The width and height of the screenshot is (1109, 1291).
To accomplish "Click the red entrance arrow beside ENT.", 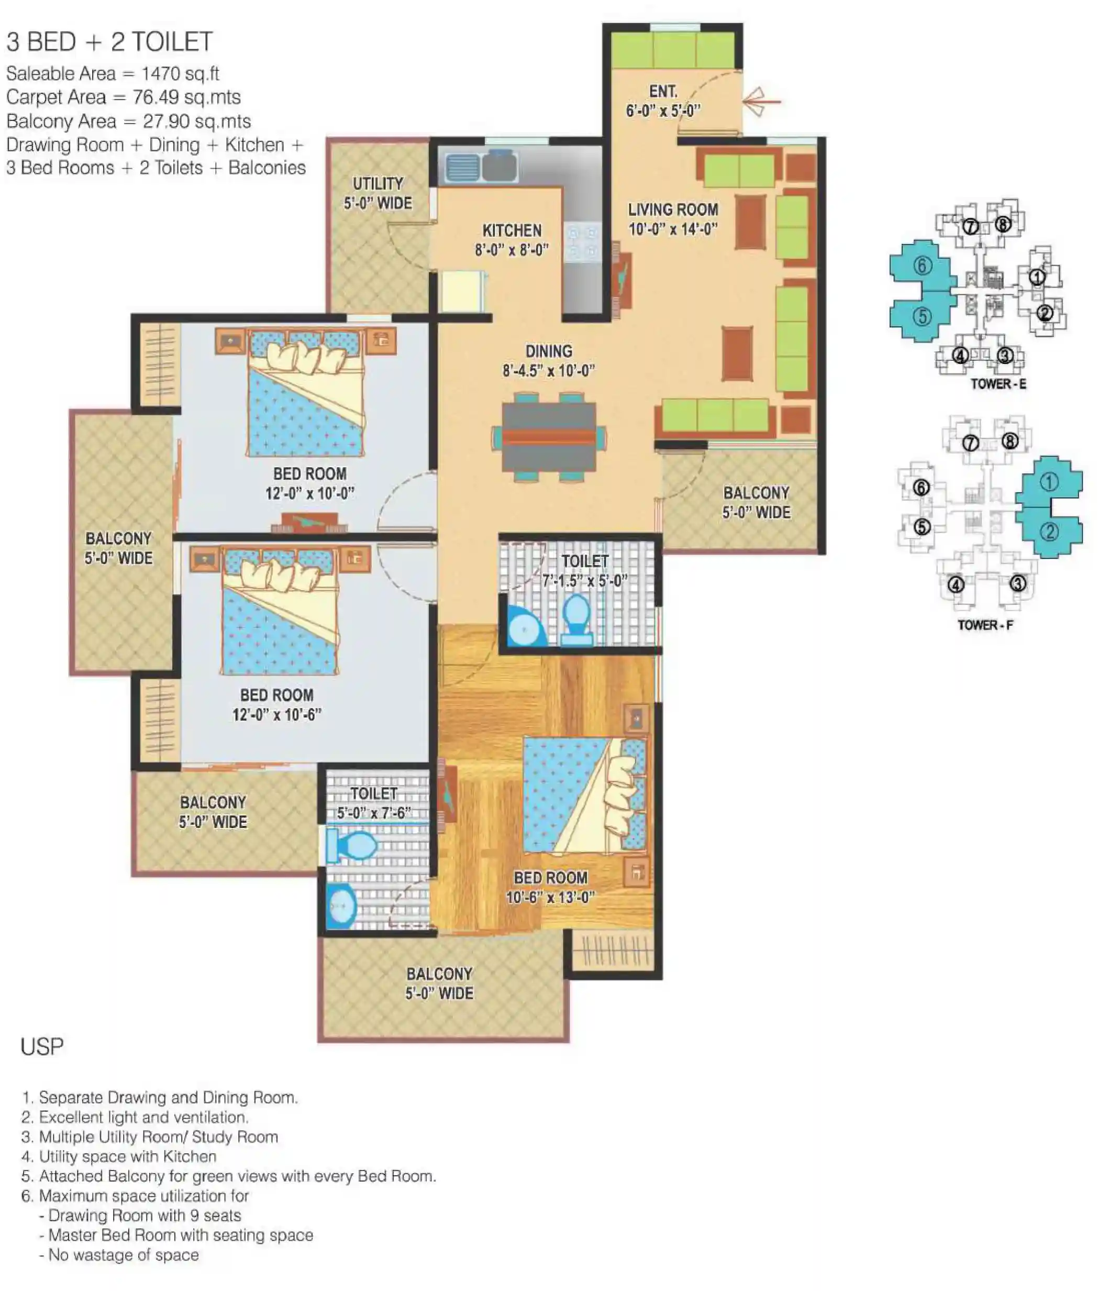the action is point(761,102).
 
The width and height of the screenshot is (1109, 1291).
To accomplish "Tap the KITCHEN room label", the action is point(512,230).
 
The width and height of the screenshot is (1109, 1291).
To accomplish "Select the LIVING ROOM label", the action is point(672,209).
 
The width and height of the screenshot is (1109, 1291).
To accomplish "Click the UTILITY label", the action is point(378,184).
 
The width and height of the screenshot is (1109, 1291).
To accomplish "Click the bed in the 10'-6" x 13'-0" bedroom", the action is point(584,795).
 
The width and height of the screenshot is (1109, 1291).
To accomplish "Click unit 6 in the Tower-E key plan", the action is point(922,266).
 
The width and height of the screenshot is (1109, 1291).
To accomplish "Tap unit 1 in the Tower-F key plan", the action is point(1049,482).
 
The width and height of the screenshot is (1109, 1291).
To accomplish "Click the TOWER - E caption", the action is point(998,384).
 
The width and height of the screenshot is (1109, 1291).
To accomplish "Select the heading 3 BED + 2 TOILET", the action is point(109,42).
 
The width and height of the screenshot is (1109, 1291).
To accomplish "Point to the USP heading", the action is point(42,1047).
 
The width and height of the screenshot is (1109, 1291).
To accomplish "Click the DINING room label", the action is point(548,351).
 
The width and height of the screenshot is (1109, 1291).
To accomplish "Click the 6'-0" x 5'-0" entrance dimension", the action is point(663,111).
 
